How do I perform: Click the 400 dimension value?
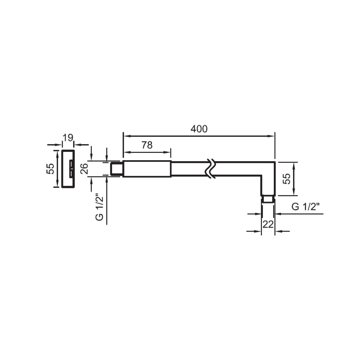click(199, 129)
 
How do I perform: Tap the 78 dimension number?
click(147, 145)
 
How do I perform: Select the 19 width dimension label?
click(68, 138)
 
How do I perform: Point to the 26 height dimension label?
click(84, 169)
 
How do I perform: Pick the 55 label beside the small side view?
click(50, 169)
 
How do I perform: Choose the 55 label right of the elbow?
click(286, 179)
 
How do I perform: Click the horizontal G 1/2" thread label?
click(306, 207)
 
